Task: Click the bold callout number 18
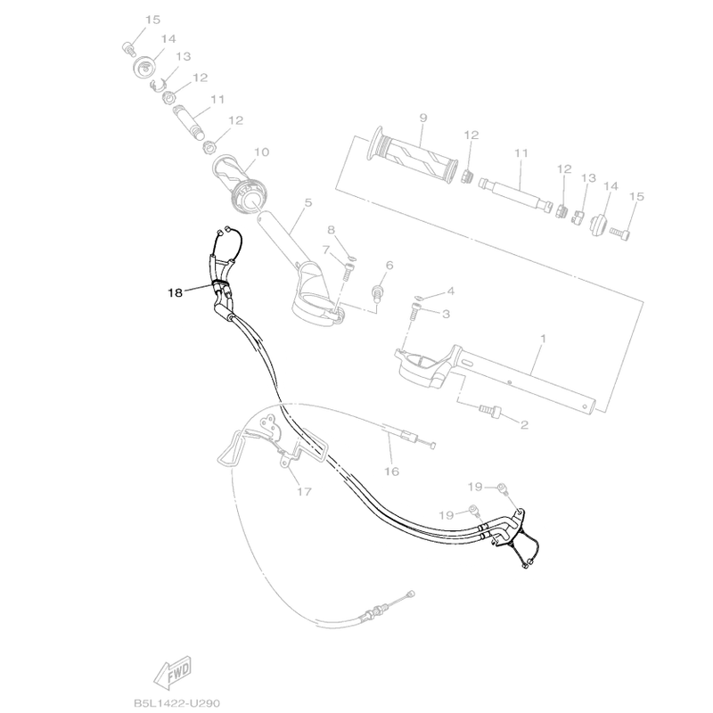tap(175, 293)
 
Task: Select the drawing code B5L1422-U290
tap(176, 703)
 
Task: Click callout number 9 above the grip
tap(423, 118)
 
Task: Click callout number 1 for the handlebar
tap(543, 339)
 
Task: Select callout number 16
tap(391, 471)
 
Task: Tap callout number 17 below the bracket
tap(304, 492)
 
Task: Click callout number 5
tap(308, 202)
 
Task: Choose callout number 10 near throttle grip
tap(262, 152)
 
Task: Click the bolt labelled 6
tap(377, 292)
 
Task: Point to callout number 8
tap(331, 230)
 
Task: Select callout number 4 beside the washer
tap(451, 291)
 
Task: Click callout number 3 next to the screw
tap(446, 314)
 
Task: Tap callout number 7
tap(325, 250)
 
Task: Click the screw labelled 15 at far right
tap(619, 234)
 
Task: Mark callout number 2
tap(524, 425)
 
